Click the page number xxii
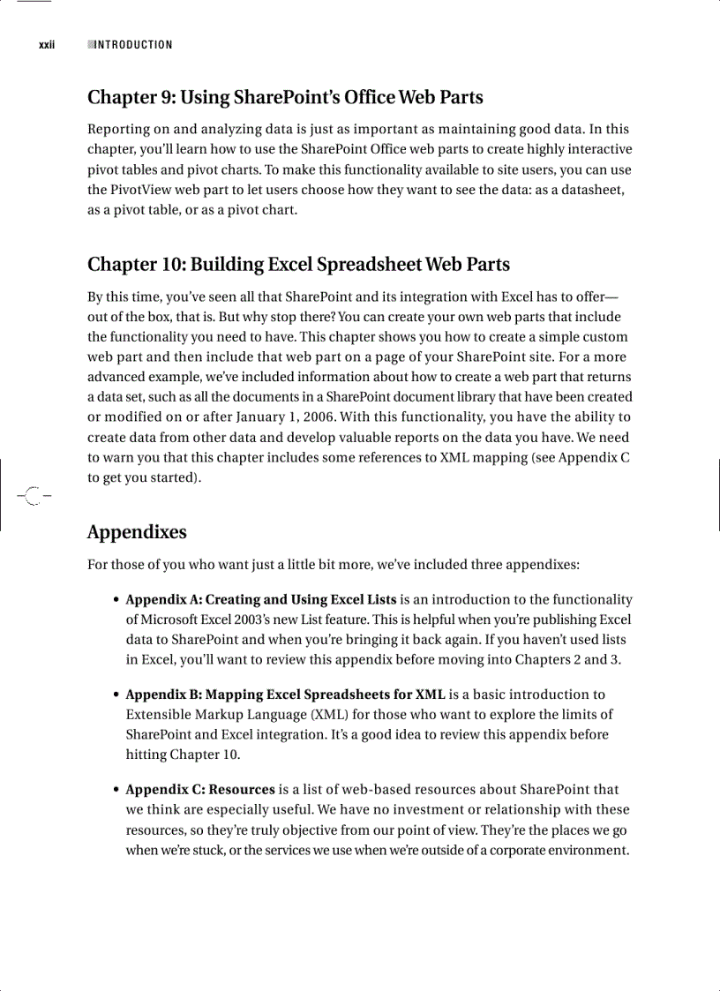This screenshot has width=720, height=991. click(x=47, y=45)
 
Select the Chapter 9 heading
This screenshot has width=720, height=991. click(x=285, y=97)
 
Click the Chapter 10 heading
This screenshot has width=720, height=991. click(x=298, y=264)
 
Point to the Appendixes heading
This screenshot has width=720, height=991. click(x=137, y=532)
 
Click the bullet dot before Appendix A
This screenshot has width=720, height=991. click(x=116, y=601)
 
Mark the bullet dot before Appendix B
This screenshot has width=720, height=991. click(x=116, y=695)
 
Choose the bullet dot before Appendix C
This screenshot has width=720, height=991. click(x=116, y=791)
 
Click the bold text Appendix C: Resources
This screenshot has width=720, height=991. click(x=200, y=790)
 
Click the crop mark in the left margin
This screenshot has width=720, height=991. click(x=31, y=497)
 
